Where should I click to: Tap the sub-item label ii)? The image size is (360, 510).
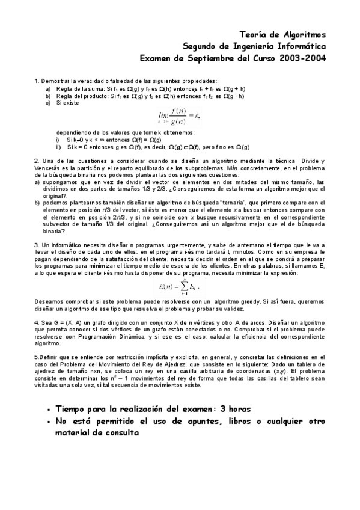pos(58,147)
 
